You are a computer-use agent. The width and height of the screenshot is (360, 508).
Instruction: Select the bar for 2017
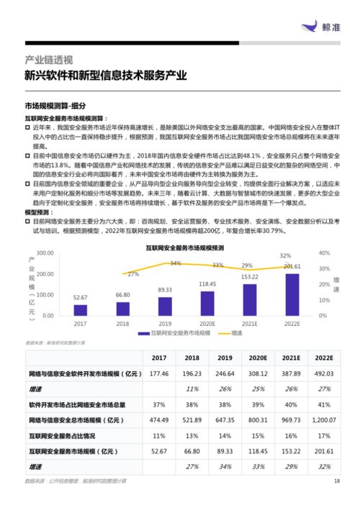point(80,309)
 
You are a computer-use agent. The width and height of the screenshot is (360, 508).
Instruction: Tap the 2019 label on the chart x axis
point(165,324)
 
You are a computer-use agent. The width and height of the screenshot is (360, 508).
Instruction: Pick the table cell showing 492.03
point(324,373)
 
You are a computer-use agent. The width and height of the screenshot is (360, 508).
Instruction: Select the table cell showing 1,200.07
point(324,419)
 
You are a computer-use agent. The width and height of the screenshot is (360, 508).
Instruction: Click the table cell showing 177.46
point(158,373)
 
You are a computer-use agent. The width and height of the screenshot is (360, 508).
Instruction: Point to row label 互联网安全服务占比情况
point(67,435)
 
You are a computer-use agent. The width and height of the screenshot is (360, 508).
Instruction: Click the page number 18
point(336,481)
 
